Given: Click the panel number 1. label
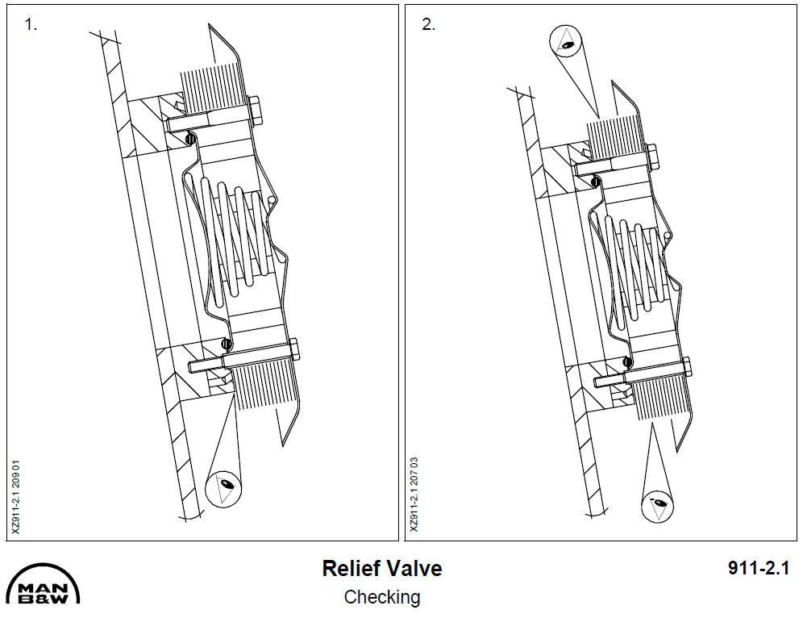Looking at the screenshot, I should (x=31, y=24).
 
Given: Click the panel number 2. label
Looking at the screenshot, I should (x=429, y=24).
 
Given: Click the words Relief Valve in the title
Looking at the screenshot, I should (x=381, y=568).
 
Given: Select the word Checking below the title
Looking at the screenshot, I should (x=381, y=598).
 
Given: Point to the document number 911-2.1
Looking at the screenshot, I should (x=756, y=568).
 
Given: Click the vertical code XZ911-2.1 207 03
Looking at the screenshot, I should (x=414, y=495).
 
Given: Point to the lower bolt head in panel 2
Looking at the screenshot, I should (x=686, y=366).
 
